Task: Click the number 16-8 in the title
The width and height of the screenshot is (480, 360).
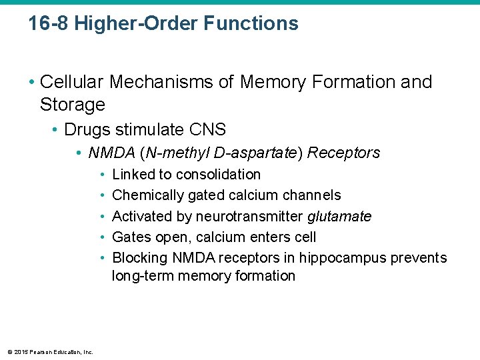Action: pos(48,24)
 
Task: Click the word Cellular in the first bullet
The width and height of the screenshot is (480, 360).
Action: pos(72,82)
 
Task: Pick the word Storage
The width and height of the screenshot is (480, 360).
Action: pos(73,105)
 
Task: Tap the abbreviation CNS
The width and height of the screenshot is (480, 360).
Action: pos(207,129)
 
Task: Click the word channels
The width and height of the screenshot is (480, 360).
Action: pos(313,195)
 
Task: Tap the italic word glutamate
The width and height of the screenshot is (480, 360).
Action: pos(339,217)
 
